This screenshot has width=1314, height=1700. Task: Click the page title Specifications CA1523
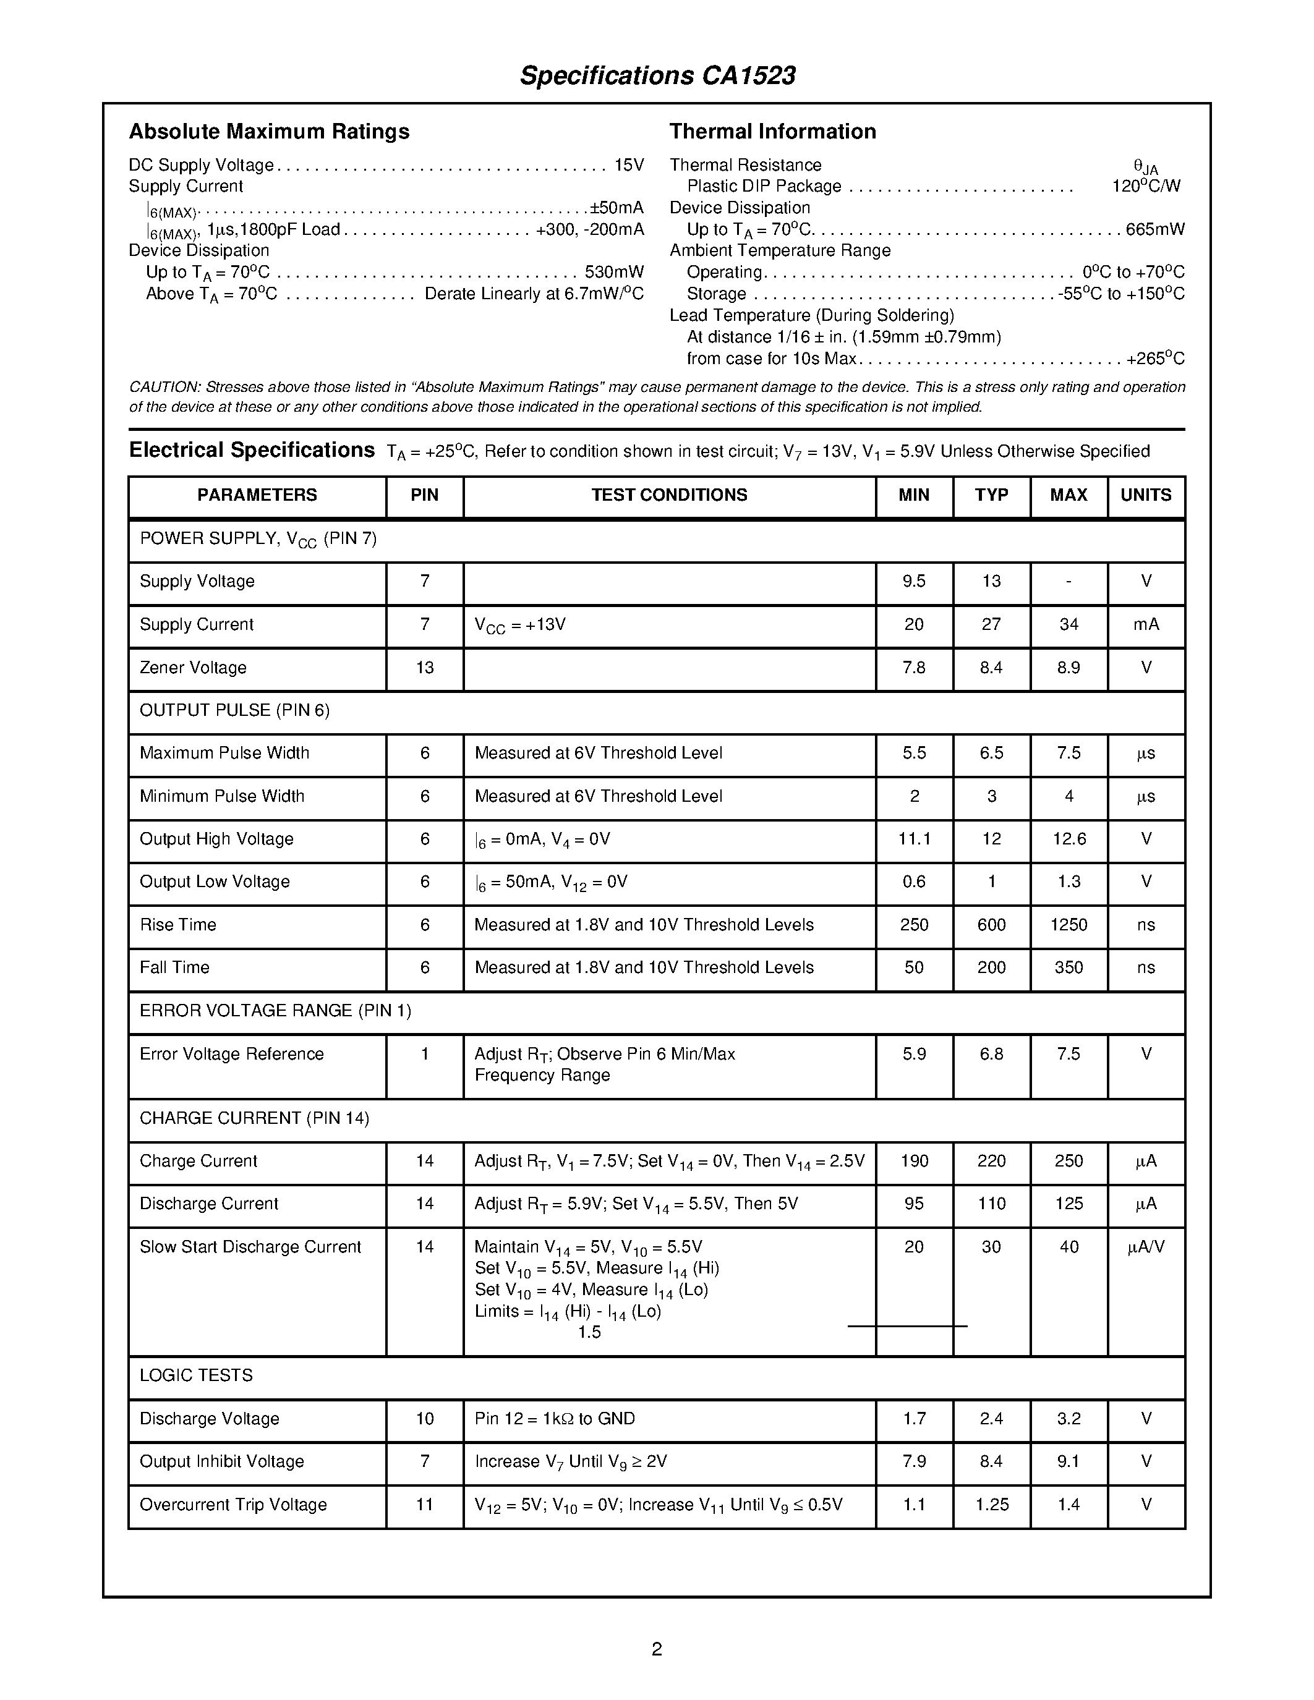[x=657, y=75]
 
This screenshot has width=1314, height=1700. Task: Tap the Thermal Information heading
[x=772, y=132]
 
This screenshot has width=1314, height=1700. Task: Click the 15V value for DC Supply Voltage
[x=629, y=165]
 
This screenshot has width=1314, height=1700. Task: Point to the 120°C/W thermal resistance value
[x=1146, y=186]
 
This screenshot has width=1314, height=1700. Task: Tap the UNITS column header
[x=1146, y=495]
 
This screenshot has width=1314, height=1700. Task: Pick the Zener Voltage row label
[x=193, y=668]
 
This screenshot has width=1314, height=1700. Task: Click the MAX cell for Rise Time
[x=1069, y=925]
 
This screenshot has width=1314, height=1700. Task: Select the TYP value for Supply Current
[x=991, y=624]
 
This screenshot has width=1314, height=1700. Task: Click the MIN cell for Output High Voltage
[x=914, y=839]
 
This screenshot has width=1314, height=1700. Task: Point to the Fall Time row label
[x=174, y=967]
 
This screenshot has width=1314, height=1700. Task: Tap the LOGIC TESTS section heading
[x=196, y=1375]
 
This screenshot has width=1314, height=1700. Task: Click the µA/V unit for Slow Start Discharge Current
[x=1146, y=1247]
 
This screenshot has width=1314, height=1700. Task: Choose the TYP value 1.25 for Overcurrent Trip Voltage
[x=992, y=1505]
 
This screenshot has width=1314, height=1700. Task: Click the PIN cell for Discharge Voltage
[x=424, y=1419]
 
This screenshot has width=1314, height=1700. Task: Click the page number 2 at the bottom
[x=656, y=1649]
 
